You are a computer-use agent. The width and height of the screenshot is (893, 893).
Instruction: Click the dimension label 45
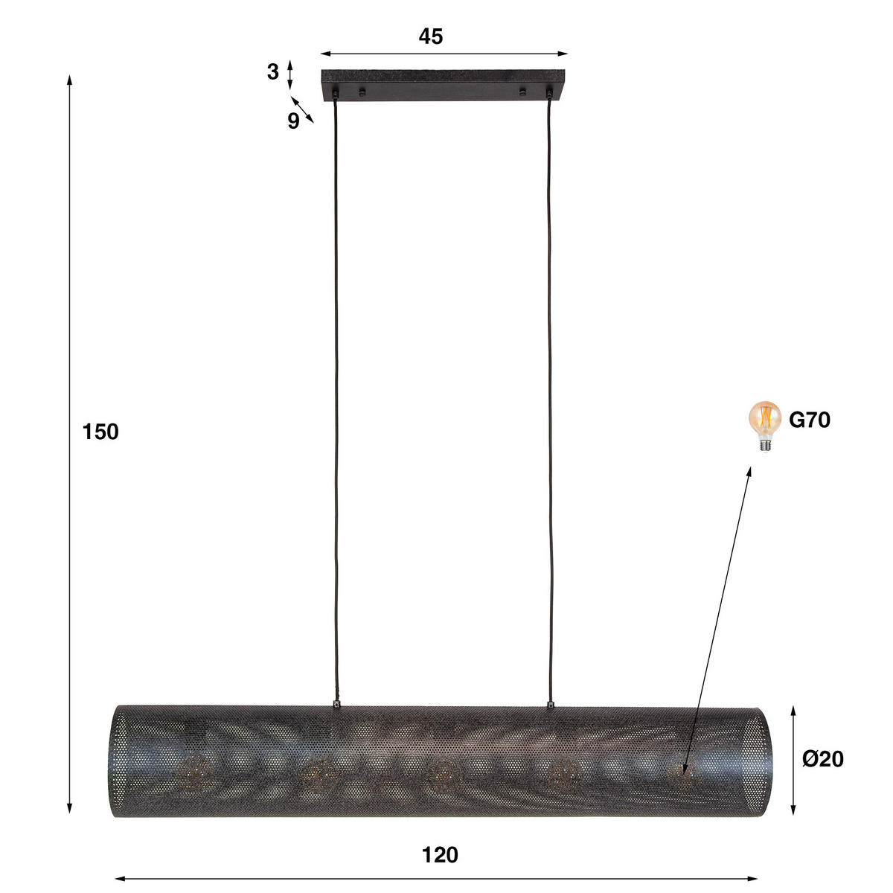[430, 36]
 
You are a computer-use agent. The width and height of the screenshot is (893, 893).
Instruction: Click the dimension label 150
[100, 432]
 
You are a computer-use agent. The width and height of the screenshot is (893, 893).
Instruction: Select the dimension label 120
[440, 855]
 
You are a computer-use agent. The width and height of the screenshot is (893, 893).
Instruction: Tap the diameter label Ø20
[822, 758]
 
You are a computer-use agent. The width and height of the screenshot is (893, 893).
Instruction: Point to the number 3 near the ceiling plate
[273, 72]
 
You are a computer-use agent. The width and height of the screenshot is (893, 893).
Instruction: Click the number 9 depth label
[293, 121]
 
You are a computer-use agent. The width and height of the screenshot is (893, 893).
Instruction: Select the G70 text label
[809, 420]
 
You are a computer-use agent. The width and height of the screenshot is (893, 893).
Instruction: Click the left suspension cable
[336, 402]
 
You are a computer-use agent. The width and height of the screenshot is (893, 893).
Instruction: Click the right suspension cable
[551, 402]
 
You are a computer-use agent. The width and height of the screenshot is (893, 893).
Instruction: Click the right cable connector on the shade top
[551, 702]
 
